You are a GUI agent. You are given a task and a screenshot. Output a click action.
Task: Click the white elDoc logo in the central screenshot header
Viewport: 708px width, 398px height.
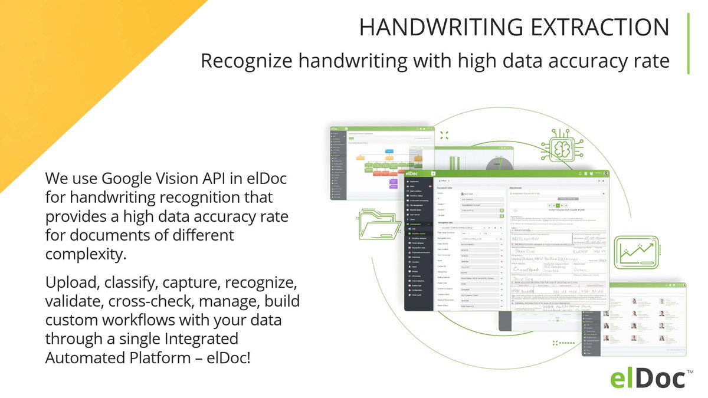point(416,173)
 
